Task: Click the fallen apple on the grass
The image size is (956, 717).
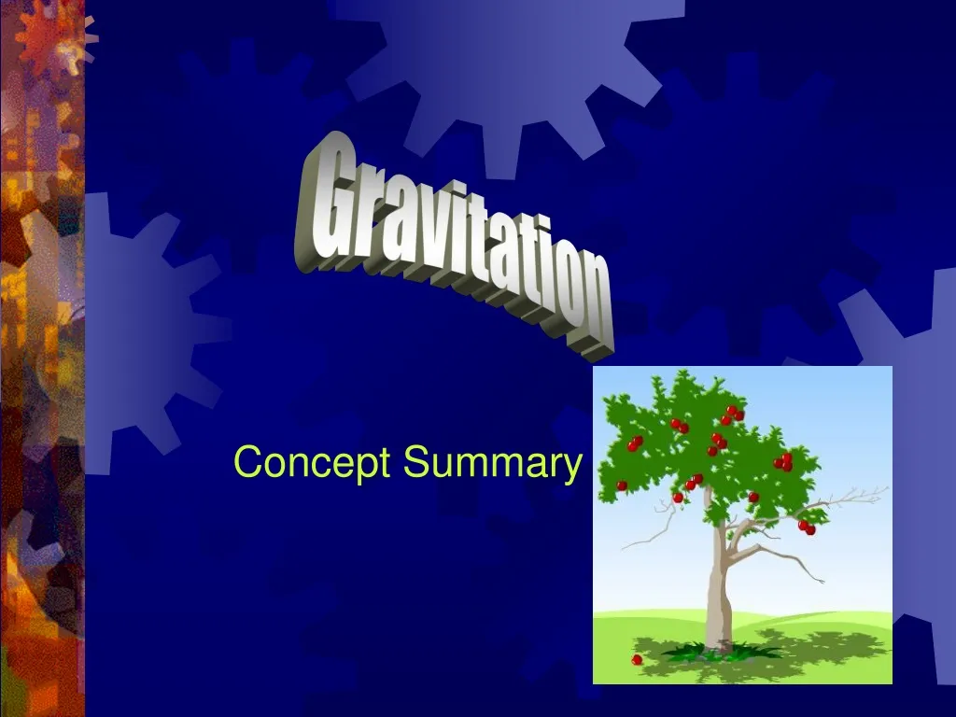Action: click(637, 659)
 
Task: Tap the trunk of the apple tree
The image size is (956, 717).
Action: click(717, 588)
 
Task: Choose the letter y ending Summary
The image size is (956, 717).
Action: click(569, 467)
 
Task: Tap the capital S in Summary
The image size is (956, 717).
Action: click(416, 462)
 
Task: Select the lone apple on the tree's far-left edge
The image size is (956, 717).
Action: click(622, 485)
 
